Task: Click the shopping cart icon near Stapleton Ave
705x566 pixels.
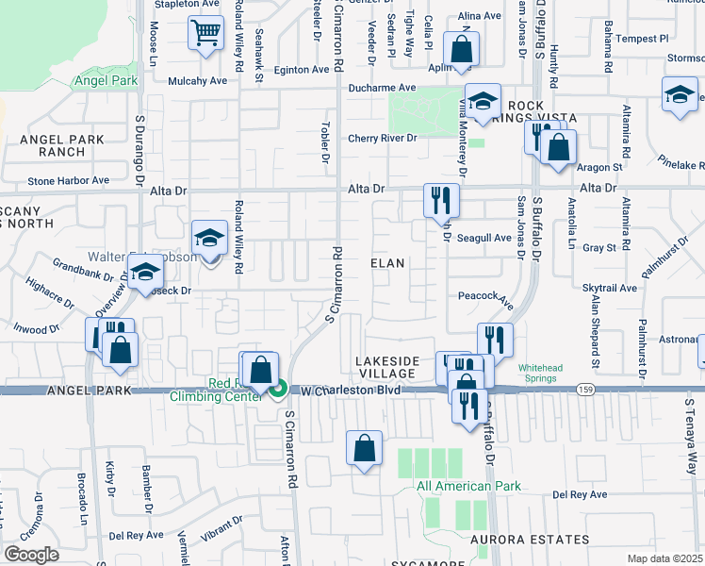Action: (205, 33)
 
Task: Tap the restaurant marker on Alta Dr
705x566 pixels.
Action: (441, 200)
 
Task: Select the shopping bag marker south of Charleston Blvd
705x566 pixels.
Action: (364, 449)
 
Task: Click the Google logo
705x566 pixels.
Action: (31, 555)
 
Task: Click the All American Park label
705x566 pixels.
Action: (467, 487)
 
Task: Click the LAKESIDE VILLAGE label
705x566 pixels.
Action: (385, 368)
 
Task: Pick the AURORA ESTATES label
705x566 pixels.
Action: (531, 540)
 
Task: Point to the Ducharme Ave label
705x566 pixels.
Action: (382, 88)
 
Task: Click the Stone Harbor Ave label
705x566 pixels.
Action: (68, 180)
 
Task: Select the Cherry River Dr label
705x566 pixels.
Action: (382, 139)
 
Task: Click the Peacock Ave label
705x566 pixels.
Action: (484, 296)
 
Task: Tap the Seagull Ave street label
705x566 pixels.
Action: (484, 238)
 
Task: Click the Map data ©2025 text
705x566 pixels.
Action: (664, 558)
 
